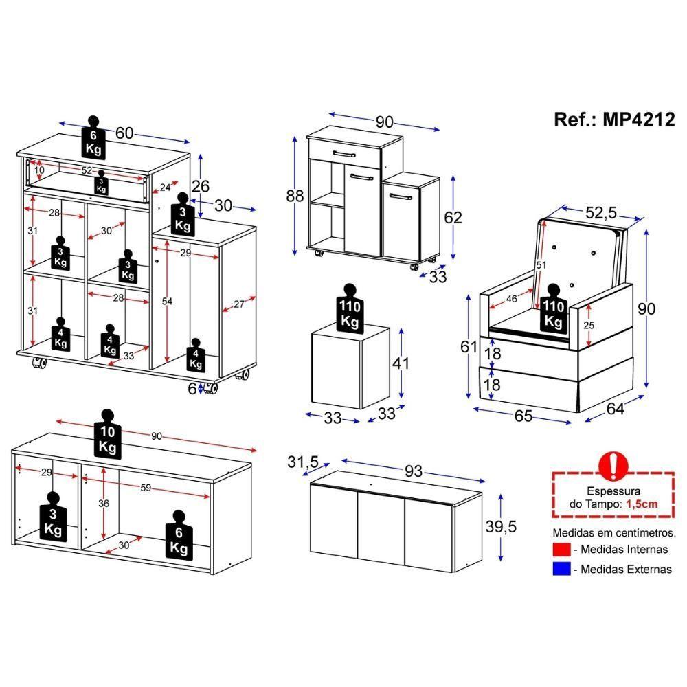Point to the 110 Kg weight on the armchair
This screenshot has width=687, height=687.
click(554, 308)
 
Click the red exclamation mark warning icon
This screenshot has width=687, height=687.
click(613, 466)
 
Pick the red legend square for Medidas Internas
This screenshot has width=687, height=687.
click(561, 549)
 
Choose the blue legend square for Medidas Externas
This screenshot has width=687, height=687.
click(561, 569)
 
